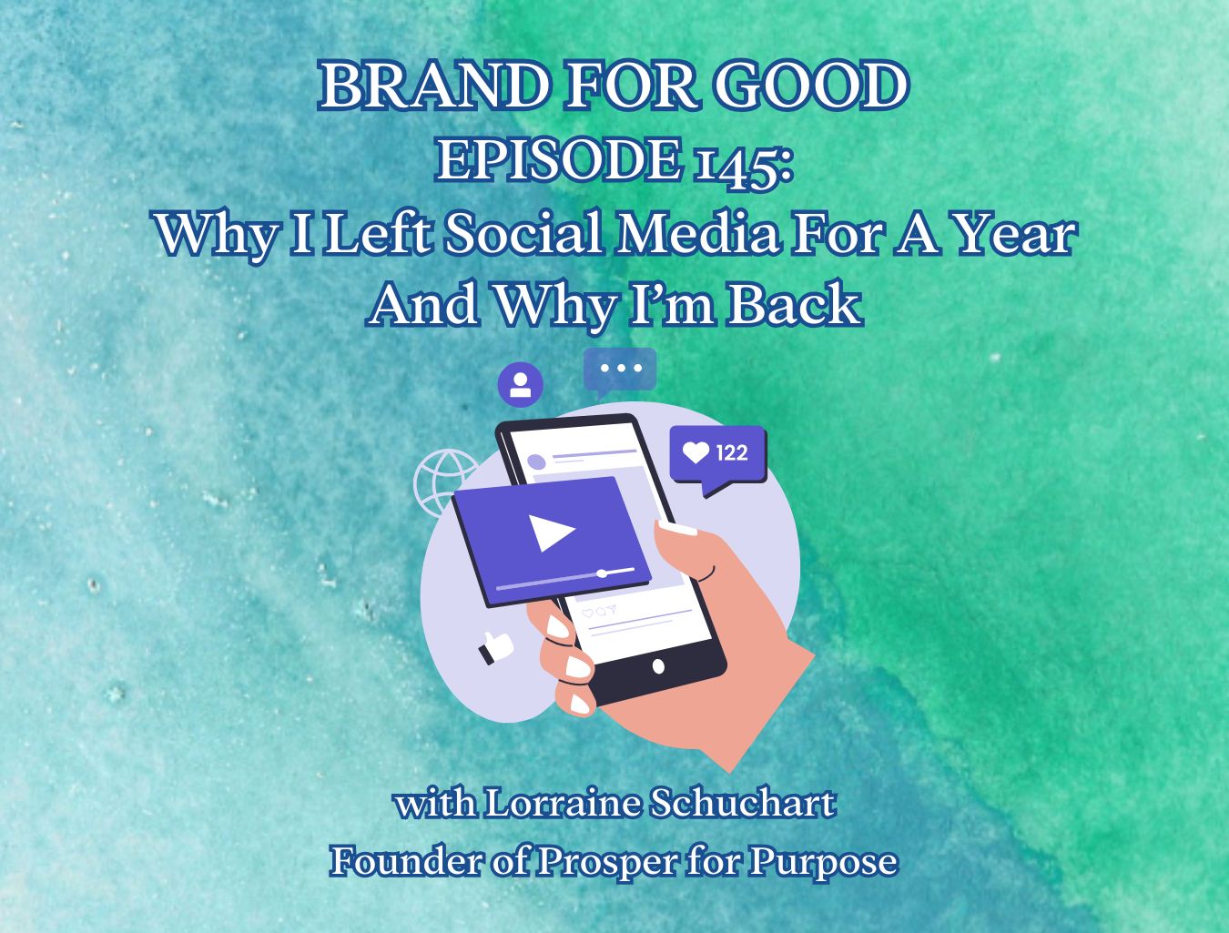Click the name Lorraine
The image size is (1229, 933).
click(x=562, y=803)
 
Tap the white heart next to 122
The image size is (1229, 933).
click(x=696, y=452)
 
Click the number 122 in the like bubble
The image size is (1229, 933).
click(x=732, y=452)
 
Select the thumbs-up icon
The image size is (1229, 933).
click(x=495, y=648)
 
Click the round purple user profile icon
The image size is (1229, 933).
click(x=520, y=384)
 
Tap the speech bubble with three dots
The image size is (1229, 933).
click(x=620, y=371)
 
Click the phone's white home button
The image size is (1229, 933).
click(x=658, y=666)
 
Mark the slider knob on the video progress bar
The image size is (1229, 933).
click(x=602, y=573)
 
